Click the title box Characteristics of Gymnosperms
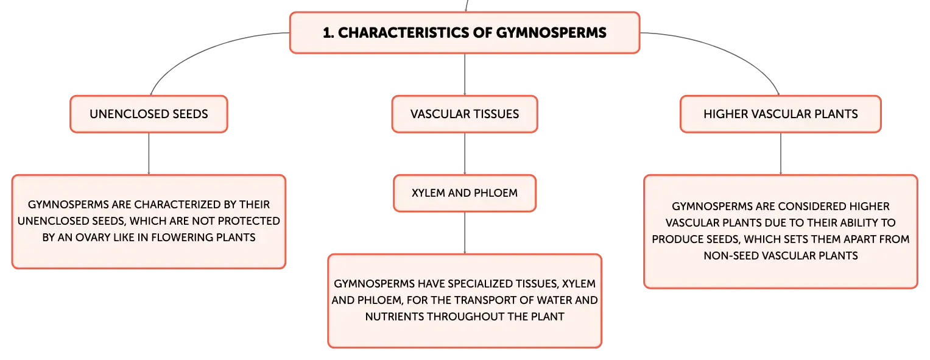tap(465, 33)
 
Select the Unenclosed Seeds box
tap(149, 114)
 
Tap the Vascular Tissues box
tap(465, 114)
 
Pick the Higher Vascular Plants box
tap(781, 114)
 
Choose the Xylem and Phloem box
tap(465, 193)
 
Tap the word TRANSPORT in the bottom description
tap(503, 300)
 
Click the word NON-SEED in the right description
tap(733, 256)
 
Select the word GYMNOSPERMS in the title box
tap(551, 33)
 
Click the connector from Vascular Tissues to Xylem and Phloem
tap(465, 154)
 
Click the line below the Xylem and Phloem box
tap(465, 233)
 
